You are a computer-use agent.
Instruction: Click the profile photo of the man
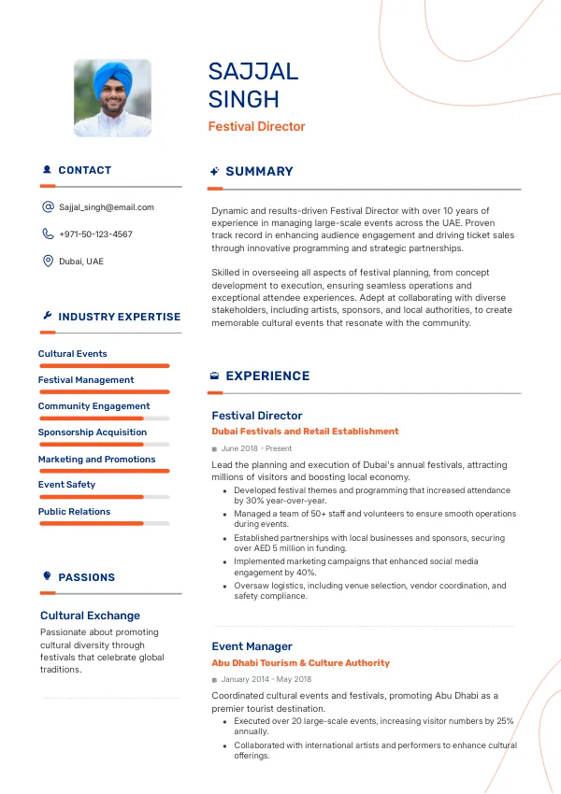click(112, 98)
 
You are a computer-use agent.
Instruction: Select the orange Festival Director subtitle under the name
click(256, 126)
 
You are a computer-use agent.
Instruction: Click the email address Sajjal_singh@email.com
click(107, 207)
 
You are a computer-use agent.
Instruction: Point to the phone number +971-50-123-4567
click(95, 234)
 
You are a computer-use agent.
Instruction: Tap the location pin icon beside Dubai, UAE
click(48, 262)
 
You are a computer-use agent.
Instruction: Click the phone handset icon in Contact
click(48, 234)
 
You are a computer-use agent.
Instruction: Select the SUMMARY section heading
click(259, 172)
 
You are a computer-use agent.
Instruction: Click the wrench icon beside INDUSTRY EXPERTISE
click(47, 317)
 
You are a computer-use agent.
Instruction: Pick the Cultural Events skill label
click(72, 354)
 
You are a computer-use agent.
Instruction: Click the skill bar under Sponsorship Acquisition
click(103, 445)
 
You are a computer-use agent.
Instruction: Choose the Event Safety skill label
click(66, 485)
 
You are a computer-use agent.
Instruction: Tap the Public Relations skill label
click(74, 512)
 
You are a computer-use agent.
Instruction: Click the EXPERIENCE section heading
click(267, 376)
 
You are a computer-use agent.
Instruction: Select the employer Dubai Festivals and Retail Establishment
click(305, 432)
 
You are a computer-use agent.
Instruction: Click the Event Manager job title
click(252, 646)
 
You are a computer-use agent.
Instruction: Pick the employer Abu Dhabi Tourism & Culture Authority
click(300, 663)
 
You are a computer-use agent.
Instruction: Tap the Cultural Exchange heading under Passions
click(90, 616)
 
